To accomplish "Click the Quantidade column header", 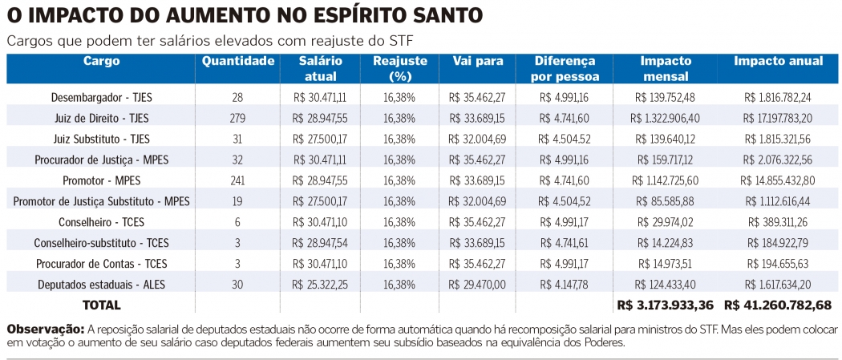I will pos(238,62).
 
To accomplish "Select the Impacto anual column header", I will pos(777,62).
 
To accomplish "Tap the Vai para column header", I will pos(477,62).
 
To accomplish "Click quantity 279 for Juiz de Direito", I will pos(237,118).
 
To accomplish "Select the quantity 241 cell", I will pos(237,180).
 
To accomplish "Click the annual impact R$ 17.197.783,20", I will pos(777,118).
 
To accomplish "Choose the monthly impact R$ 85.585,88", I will pos(666,200).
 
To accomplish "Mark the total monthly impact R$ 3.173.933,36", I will pos(666,305).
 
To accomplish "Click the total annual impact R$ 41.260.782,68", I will pos(777,305).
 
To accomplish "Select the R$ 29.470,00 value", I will pos(477,284).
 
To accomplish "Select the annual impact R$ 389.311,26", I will pos(777,221).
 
